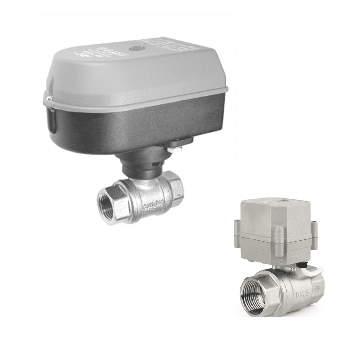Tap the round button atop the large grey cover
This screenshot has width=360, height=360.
pos(135,48)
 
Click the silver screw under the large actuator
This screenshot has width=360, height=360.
pos(176,147)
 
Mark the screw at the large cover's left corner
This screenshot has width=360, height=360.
pos(46,96)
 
